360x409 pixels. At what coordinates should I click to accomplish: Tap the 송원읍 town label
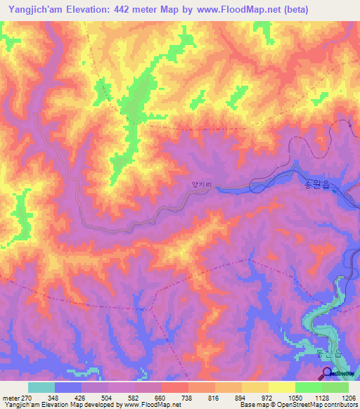point(315,185)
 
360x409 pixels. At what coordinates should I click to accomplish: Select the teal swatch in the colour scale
point(41,387)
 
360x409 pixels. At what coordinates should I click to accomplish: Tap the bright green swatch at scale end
point(335,387)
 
